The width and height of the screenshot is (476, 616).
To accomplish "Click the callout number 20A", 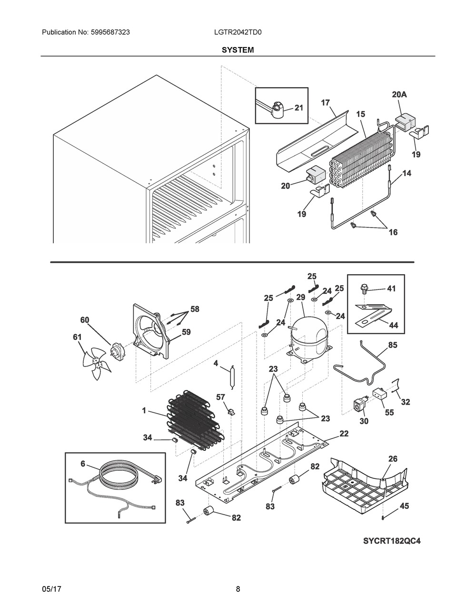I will (399, 95).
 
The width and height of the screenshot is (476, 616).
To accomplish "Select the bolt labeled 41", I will (365, 288).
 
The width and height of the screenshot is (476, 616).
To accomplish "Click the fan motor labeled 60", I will (116, 352).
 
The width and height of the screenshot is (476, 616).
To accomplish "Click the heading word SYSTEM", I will (238, 50).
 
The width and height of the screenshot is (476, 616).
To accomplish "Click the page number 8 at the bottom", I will (238, 589).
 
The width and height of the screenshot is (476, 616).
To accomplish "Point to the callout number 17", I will (325, 102).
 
